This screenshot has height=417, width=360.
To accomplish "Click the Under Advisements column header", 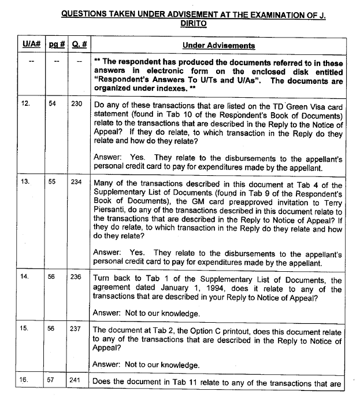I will [x=218, y=46].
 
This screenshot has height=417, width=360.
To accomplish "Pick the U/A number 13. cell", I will [x=25, y=181].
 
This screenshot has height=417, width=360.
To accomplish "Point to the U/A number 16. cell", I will [x=25, y=381].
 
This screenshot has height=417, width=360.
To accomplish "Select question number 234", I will [x=77, y=181].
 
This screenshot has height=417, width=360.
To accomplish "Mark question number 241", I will [x=77, y=381].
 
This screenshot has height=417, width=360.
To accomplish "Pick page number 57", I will [x=53, y=381].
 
